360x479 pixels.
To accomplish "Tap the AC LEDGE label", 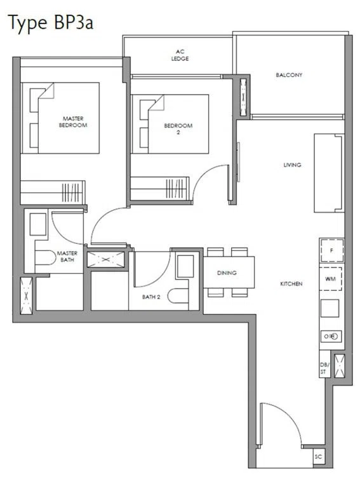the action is tap(180, 55).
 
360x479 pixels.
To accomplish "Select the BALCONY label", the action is tap(289, 75).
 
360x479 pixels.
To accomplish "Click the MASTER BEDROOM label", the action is tap(73, 121).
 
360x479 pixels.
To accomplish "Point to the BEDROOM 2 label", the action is tap(178, 128).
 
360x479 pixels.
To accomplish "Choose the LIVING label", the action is tap(292, 165).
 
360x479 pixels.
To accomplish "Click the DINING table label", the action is tap(227, 273).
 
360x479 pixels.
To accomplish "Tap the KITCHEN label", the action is tap(291, 284).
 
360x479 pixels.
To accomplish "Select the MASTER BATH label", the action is tap(67, 256).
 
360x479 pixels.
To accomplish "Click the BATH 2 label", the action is tap(151, 297).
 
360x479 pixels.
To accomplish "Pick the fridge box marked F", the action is tap(331, 250).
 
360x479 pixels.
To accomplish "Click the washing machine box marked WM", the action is tap(330, 279).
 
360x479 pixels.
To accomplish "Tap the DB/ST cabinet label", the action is tap(324, 368).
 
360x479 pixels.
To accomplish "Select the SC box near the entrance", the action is tap(319, 457).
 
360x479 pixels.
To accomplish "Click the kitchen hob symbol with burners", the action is tap(331, 336).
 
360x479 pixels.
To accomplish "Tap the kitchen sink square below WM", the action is tap(330, 308).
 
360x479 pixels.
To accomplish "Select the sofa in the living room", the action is tap(329, 173).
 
